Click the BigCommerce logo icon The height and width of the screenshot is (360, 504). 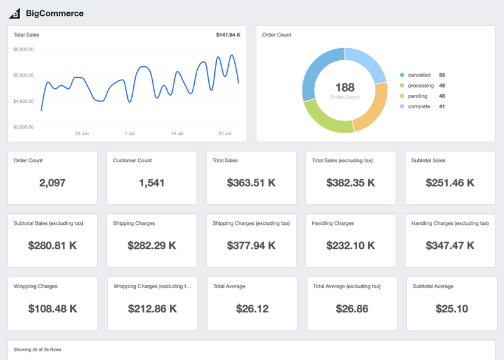[15, 13]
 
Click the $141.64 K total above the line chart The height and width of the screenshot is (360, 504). [228, 35]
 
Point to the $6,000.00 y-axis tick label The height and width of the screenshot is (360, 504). [24, 49]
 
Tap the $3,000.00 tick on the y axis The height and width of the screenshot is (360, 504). [24, 127]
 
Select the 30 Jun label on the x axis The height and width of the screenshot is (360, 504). [82, 133]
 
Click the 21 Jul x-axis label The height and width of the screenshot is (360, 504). [225, 133]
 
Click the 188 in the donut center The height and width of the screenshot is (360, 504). [345, 88]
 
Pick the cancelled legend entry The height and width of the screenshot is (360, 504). [419, 75]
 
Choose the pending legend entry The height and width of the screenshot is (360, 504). [418, 96]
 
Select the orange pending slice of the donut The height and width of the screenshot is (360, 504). [372, 110]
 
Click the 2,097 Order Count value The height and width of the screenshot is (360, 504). [52, 182]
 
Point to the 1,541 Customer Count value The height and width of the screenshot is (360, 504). [152, 182]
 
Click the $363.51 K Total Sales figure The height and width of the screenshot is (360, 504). [251, 182]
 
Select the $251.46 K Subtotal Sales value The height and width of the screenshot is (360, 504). [450, 182]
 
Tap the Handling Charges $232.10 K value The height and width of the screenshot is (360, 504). [351, 246]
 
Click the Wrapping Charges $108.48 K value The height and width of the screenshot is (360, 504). [52, 308]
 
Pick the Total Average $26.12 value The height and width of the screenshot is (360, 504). [252, 308]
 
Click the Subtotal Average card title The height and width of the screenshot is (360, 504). [433, 286]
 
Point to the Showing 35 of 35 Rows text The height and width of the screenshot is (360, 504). [38, 350]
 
